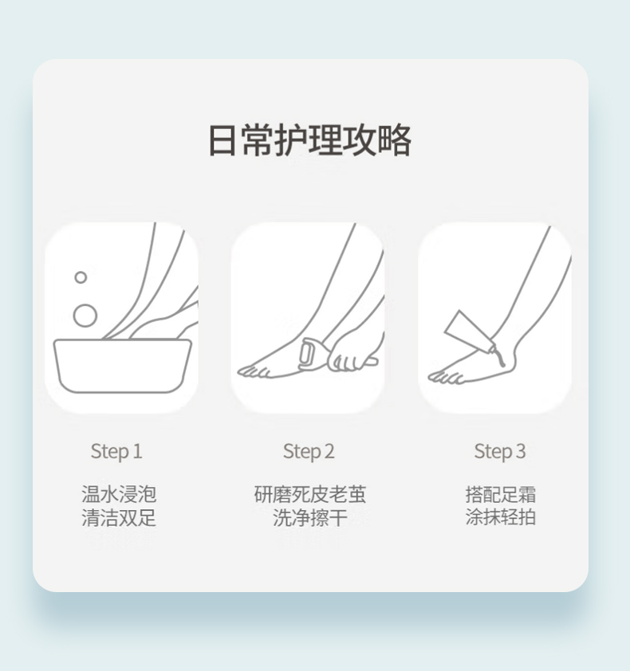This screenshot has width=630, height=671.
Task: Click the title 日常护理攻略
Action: point(309,140)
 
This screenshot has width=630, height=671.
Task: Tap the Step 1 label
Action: point(116,452)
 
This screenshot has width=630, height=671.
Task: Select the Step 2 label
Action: point(309,452)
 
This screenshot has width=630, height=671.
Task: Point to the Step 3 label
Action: point(500,452)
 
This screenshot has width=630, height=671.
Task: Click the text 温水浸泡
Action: point(119,494)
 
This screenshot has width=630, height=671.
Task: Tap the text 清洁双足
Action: point(119,517)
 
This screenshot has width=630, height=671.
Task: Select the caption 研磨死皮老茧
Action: point(310,494)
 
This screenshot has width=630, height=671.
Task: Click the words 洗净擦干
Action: point(310,517)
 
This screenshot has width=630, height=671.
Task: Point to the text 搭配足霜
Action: point(500,494)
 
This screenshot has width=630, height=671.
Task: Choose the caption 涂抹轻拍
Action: point(500,517)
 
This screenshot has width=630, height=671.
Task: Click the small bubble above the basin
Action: point(81,277)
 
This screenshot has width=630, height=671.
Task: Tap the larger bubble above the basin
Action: point(85,316)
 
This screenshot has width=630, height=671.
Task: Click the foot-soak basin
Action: point(123,366)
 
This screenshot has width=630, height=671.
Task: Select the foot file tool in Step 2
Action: point(308,354)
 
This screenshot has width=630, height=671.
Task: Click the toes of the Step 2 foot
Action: point(254,372)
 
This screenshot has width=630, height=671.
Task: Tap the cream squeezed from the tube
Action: point(500,358)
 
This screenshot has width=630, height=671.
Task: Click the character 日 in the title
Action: point(222,140)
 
